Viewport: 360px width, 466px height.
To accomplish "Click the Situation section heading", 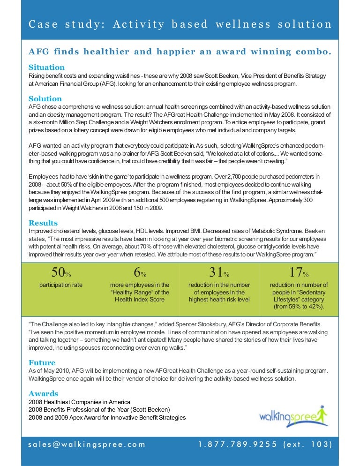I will (46, 67).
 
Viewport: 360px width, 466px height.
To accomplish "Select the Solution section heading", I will (45, 98).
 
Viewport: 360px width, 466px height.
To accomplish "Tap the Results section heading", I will (43, 223).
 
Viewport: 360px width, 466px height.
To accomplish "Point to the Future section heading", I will (42, 363).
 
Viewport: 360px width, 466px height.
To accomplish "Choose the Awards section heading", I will (43, 394).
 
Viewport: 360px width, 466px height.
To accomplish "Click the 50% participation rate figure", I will (60, 272).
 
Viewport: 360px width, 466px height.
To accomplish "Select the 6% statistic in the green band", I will (140, 272).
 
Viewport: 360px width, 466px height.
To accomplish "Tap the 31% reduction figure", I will (219, 272).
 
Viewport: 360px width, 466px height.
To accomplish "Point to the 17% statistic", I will (299, 272).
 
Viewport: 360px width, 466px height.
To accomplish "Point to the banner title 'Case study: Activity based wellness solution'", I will (180, 24).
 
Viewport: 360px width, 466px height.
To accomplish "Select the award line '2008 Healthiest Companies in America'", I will (79, 402).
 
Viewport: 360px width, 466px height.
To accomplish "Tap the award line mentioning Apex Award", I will (107, 417).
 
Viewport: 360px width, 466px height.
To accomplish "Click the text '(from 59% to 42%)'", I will (299, 307).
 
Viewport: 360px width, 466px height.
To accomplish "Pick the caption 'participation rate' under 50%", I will (60, 285).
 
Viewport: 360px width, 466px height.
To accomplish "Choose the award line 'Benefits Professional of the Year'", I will (99, 410).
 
